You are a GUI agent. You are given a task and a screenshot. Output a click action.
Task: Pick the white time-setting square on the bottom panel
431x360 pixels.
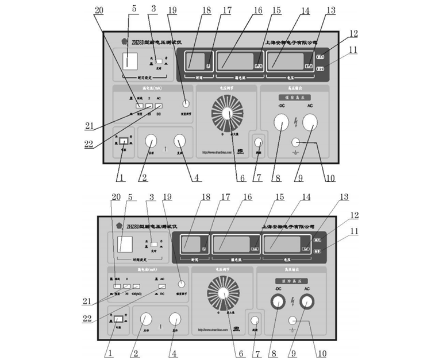(125, 245)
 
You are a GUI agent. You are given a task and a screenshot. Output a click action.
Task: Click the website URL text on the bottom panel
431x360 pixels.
(213, 330)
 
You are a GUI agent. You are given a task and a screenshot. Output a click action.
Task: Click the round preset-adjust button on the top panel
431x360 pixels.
(186, 104)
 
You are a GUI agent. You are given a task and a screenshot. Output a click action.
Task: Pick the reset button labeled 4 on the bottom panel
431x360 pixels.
(174, 319)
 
